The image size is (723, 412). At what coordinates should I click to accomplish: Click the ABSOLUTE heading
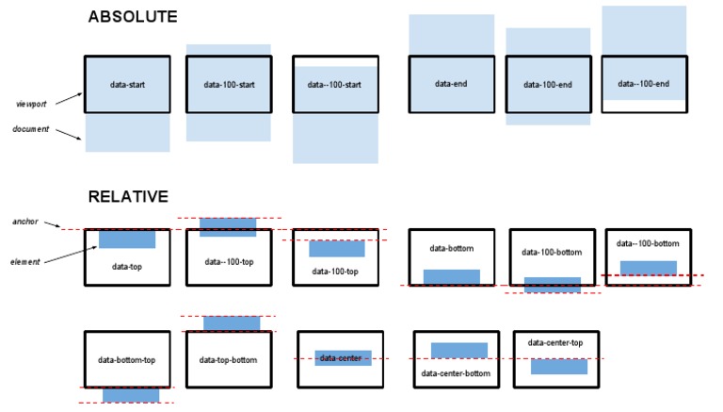(x=132, y=17)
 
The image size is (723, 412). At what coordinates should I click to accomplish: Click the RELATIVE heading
(x=128, y=197)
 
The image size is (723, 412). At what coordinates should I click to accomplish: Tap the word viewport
(x=31, y=103)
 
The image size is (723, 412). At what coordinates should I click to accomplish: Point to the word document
(x=31, y=129)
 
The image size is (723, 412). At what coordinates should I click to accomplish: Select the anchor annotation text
(x=25, y=222)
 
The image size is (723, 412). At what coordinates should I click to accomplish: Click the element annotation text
(x=26, y=261)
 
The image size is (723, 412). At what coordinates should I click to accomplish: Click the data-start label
(x=127, y=85)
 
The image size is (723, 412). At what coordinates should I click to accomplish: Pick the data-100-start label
(x=229, y=85)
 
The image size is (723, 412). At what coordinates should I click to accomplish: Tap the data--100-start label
(x=336, y=85)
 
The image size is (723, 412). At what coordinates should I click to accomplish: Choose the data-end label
(x=450, y=84)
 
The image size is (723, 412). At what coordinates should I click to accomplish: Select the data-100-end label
(x=548, y=85)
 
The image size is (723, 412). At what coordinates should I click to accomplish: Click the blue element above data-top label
(x=127, y=239)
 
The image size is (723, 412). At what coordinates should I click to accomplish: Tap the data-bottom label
(x=451, y=249)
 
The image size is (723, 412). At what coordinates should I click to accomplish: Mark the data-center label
(x=342, y=358)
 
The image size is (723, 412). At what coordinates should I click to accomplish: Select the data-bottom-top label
(x=127, y=359)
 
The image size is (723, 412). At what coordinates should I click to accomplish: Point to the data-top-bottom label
(x=229, y=359)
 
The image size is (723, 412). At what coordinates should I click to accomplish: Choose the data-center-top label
(x=555, y=342)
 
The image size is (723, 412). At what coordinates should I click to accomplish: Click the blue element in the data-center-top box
(x=558, y=366)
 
